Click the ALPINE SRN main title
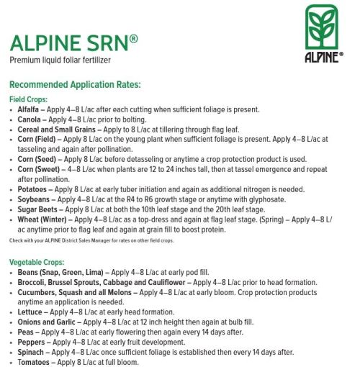coord(78,43)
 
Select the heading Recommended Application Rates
coord(86,84)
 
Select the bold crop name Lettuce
coord(30,312)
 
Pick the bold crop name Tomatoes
coord(33,362)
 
